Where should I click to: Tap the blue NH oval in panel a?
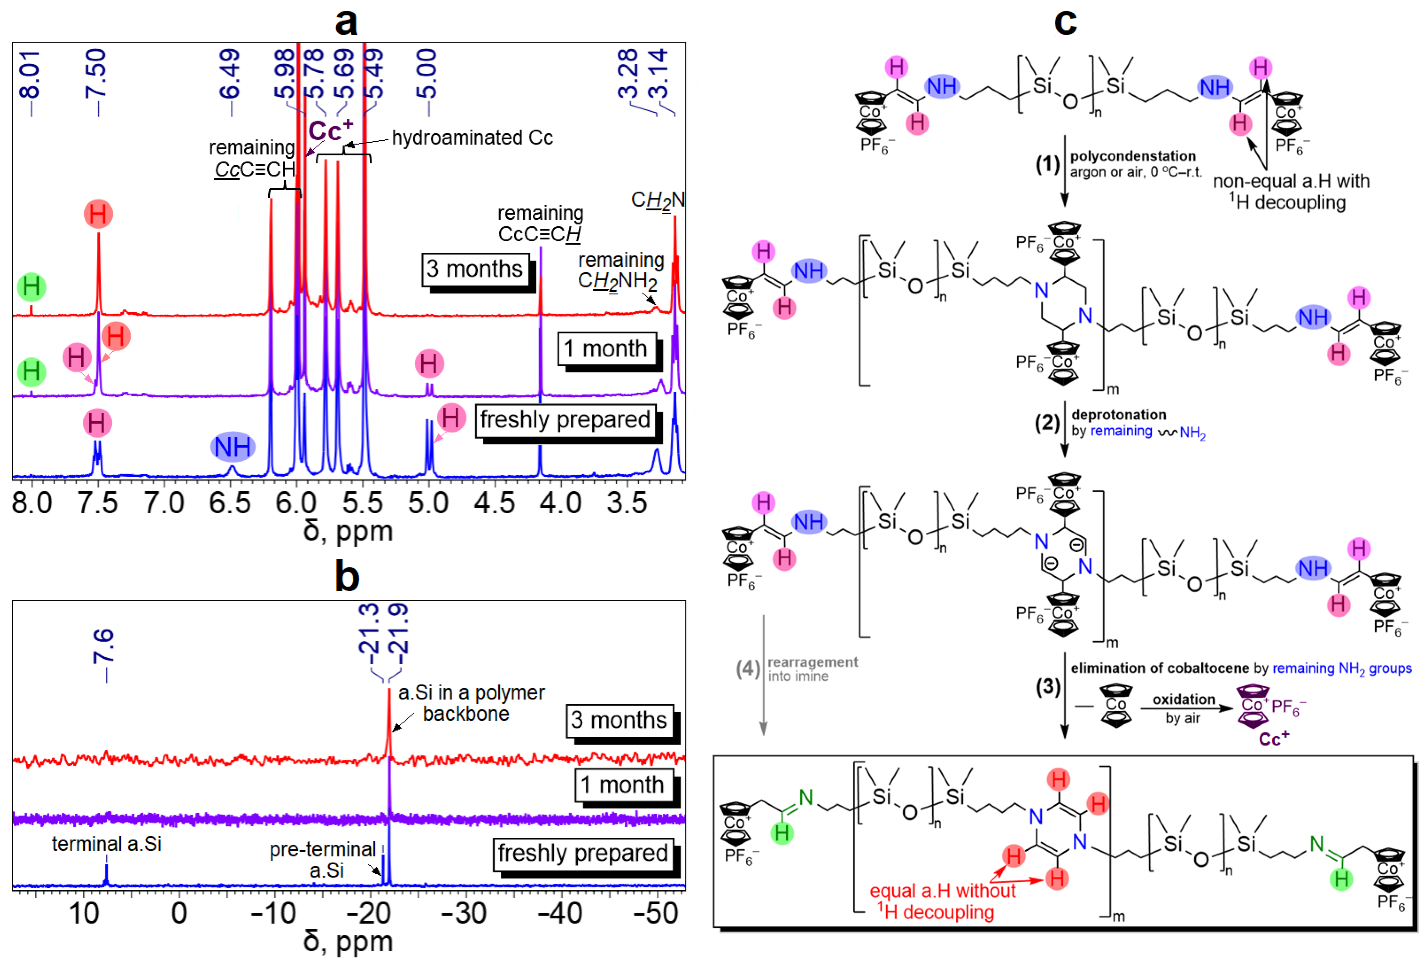(232, 447)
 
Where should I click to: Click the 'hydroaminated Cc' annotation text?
(472, 138)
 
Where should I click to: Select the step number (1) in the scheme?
(1048, 164)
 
